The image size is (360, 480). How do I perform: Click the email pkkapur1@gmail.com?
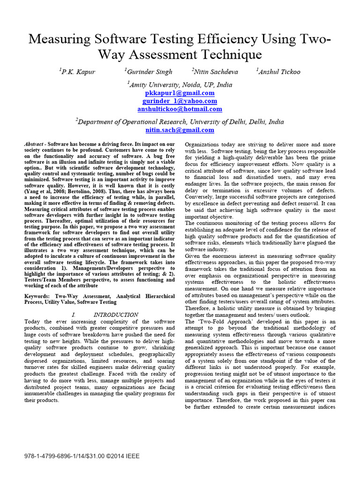[180, 93]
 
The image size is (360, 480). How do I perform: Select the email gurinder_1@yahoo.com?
[180, 101]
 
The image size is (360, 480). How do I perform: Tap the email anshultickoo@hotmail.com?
[180, 109]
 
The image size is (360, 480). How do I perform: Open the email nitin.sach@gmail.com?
[180, 130]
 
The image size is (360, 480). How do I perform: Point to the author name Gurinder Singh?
[149, 72]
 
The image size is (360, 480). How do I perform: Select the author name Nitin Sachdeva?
[216, 72]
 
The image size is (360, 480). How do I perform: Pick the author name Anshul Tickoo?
[279, 72]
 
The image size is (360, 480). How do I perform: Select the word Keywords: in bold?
[37, 297]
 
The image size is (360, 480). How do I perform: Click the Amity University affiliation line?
[180, 85]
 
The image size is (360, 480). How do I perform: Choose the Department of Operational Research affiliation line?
[180, 121]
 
